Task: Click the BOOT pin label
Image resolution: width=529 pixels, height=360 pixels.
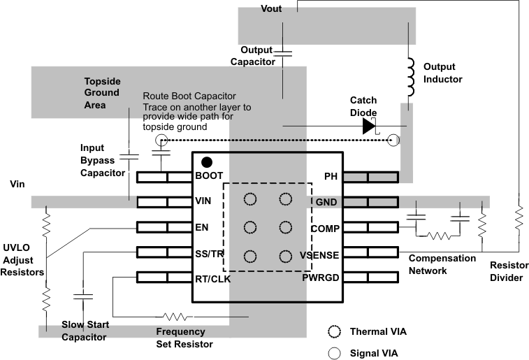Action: pyautogui.click(x=210, y=176)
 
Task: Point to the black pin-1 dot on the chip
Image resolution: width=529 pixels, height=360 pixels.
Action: pyautogui.click(x=207, y=161)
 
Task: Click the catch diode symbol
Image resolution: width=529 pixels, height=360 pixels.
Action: pyautogui.click(x=369, y=126)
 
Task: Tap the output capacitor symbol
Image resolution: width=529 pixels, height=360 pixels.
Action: pyautogui.click(x=283, y=52)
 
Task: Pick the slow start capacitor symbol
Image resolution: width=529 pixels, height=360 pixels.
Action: pyautogui.click(x=83, y=296)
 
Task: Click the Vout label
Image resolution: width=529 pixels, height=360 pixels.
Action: pyautogui.click(x=272, y=8)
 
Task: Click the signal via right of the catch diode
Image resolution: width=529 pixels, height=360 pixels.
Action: pyautogui.click(x=394, y=141)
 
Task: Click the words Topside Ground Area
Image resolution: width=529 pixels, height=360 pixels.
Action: pyautogui.click(x=102, y=92)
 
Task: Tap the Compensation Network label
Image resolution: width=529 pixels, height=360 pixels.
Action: pyautogui.click(x=442, y=264)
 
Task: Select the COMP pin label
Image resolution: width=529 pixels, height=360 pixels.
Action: pyautogui.click(x=324, y=228)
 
